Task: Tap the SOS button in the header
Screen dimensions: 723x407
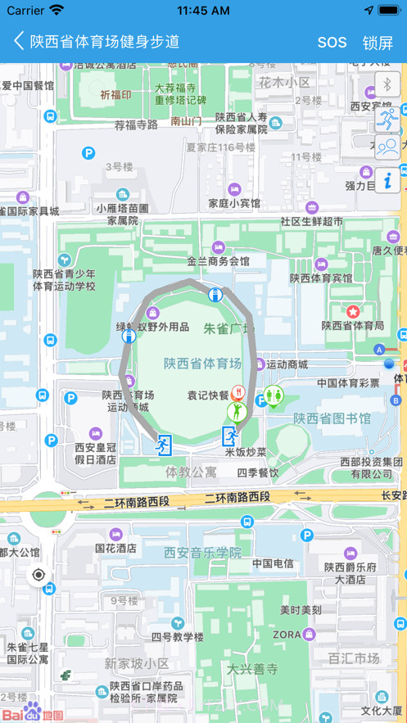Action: (x=332, y=43)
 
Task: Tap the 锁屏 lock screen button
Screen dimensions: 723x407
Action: (x=378, y=43)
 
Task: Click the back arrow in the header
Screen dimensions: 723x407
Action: (x=18, y=41)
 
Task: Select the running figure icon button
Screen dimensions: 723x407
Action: (x=387, y=118)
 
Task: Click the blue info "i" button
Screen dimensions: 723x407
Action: (x=387, y=178)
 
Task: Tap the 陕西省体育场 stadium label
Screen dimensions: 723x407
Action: (x=202, y=364)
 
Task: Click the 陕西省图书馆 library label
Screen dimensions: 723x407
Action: (x=332, y=418)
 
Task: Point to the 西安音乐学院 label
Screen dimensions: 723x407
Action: (x=202, y=553)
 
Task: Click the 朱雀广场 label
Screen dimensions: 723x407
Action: (x=228, y=328)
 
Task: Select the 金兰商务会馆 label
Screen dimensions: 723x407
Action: (x=218, y=261)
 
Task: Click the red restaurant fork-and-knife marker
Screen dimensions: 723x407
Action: (x=238, y=392)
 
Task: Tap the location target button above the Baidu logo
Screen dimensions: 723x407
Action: (x=38, y=575)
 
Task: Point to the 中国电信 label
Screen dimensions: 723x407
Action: (x=273, y=563)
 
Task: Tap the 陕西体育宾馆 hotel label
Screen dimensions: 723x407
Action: (x=321, y=278)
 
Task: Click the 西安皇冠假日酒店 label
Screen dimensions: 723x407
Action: (x=95, y=454)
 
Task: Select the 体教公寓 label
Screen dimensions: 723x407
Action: (x=191, y=472)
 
